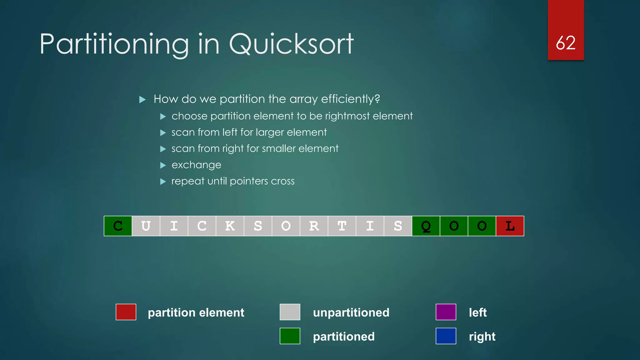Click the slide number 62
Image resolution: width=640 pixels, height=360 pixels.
[x=566, y=43]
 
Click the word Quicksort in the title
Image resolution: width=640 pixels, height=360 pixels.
[x=291, y=44]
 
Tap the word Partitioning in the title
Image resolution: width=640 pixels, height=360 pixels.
[x=114, y=44]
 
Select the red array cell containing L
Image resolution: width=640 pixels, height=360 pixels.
[x=510, y=226]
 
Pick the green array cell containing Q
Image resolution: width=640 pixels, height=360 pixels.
[x=426, y=226]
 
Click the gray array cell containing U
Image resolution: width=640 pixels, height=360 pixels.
[x=146, y=226]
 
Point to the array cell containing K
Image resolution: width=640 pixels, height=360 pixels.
[x=230, y=226]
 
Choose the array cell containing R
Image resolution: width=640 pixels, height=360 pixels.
[x=314, y=226]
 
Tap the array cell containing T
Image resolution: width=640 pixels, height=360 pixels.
[x=342, y=226]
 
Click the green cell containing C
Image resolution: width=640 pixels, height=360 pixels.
[x=118, y=226]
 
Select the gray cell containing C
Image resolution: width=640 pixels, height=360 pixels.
[x=202, y=226]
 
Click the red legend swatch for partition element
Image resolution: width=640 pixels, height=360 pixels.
[x=126, y=312]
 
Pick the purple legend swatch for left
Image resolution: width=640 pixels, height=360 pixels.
[x=446, y=312]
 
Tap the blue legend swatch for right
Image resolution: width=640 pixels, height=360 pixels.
[x=446, y=336]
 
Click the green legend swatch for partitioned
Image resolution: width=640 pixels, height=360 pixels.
[x=290, y=336]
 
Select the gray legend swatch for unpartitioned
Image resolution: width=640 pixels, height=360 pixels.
[x=290, y=312]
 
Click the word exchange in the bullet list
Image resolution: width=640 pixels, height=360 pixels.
[x=196, y=165]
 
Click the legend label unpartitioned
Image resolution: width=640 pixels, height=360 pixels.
[x=351, y=312]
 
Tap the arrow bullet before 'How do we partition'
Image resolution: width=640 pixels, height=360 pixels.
[x=142, y=100]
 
